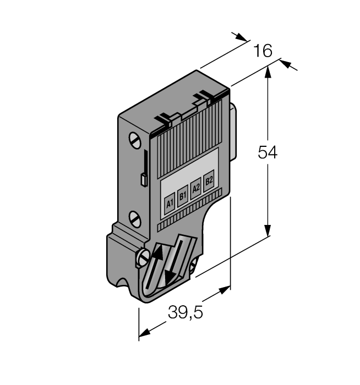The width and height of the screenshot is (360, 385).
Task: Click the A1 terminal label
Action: click(170, 204)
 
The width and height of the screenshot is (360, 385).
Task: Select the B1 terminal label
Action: click(183, 195)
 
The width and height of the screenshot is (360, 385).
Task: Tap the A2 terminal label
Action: click(196, 188)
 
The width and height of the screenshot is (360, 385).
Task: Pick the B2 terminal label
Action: click(209, 181)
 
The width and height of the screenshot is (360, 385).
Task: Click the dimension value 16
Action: click(263, 51)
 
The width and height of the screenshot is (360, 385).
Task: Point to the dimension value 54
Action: click(268, 153)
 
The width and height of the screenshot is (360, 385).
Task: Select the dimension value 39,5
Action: click(186, 313)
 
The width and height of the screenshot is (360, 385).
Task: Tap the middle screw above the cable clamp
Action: click(135, 218)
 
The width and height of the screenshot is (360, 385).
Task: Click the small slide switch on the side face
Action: click(143, 179)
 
